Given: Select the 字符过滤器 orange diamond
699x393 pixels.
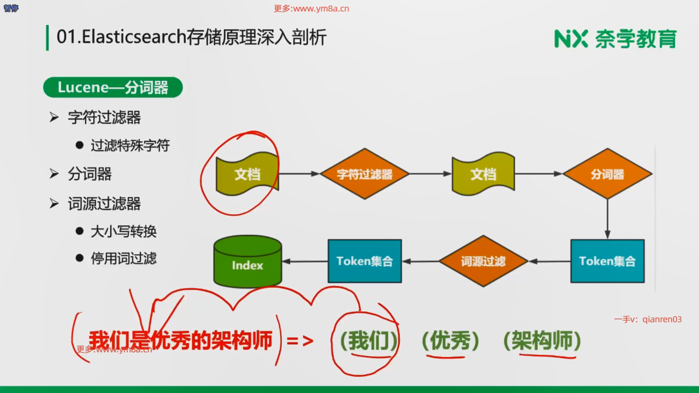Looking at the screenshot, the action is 364,174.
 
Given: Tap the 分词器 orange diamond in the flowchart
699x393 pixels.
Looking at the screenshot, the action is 607,174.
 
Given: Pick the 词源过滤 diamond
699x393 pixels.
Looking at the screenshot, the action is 483,261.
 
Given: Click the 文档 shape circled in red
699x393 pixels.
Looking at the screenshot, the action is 248,174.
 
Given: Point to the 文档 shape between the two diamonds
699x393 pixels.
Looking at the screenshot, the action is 483,174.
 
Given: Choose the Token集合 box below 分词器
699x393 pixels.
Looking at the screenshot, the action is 607,261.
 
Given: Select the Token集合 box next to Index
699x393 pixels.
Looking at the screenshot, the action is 364,261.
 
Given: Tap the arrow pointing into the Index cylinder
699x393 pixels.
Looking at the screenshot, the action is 305,261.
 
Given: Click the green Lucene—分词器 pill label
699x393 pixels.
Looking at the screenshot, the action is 113,87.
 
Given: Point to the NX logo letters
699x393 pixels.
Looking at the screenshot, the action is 571,39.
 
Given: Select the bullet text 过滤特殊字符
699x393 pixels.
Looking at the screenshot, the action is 130,146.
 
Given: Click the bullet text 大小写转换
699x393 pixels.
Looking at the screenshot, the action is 123,231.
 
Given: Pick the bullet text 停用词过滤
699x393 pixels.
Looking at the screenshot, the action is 123,259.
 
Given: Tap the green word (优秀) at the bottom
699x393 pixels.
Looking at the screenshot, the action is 450,341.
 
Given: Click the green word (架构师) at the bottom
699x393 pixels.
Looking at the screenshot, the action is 542,341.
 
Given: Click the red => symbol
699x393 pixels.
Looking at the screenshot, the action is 300,341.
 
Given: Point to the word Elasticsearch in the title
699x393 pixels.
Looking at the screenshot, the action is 134,37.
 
